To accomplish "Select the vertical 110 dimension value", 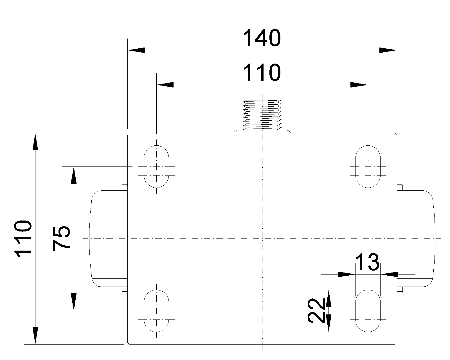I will click(23, 238).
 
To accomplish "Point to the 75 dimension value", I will click(61, 238).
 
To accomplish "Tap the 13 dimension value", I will click(367, 262).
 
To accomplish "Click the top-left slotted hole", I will click(156, 166).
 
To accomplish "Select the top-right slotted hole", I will click(368, 166).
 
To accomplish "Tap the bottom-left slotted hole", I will click(156, 310).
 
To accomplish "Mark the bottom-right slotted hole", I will click(368, 310).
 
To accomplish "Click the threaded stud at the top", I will click(262, 115).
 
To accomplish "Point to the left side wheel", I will click(108, 238).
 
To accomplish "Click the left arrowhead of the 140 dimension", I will click(136, 50).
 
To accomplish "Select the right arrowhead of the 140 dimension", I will click(388, 50).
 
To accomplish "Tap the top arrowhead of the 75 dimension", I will click(74, 175).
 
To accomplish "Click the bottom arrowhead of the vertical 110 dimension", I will click(35, 335).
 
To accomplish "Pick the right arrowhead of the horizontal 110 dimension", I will click(359, 85).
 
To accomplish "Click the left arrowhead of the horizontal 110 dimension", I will click(165, 85).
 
